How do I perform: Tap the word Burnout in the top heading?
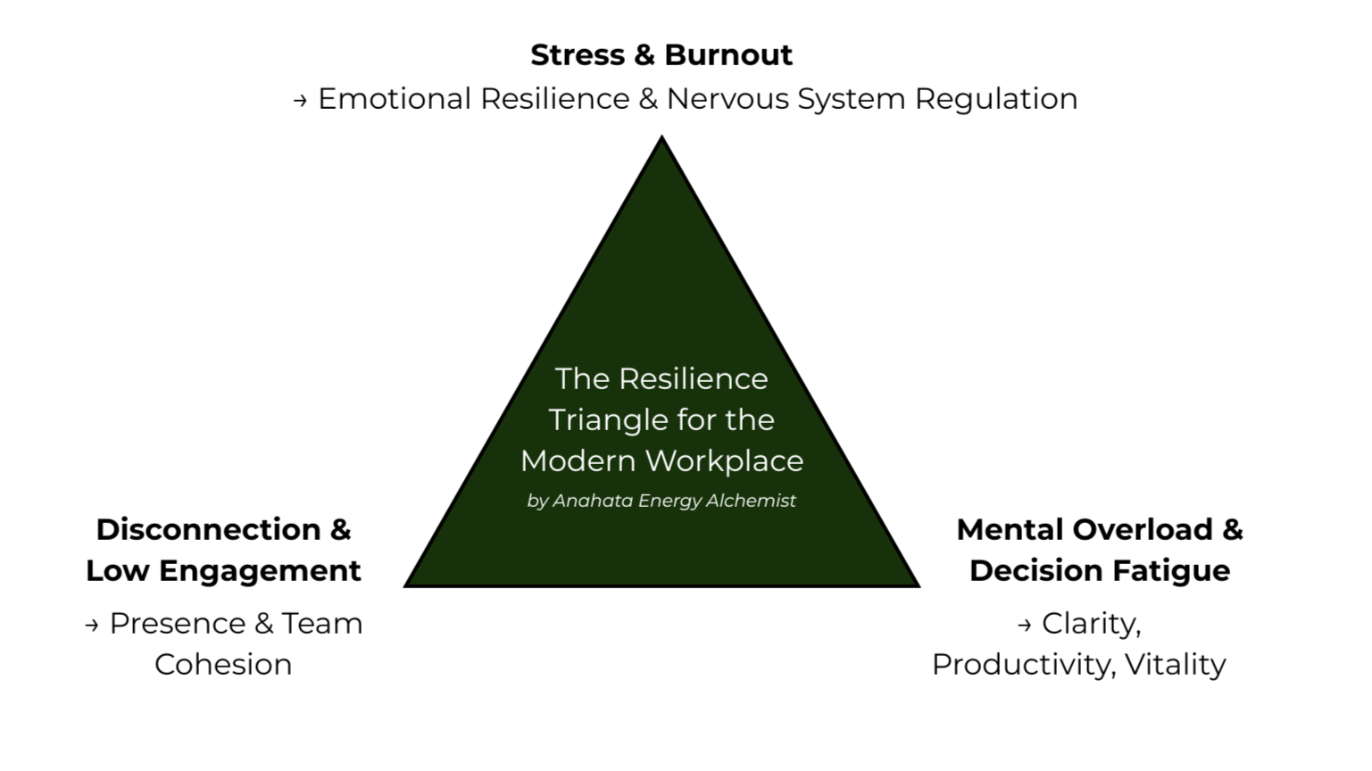(x=728, y=55)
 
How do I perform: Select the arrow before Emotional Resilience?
(x=300, y=101)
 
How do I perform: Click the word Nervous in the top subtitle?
(x=728, y=98)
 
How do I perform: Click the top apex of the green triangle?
(x=661, y=138)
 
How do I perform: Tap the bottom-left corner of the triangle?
(x=407, y=584)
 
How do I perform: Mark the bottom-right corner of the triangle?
(x=917, y=584)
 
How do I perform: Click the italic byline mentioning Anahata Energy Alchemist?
(x=661, y=501)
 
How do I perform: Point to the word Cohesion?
(x=223, y=665)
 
